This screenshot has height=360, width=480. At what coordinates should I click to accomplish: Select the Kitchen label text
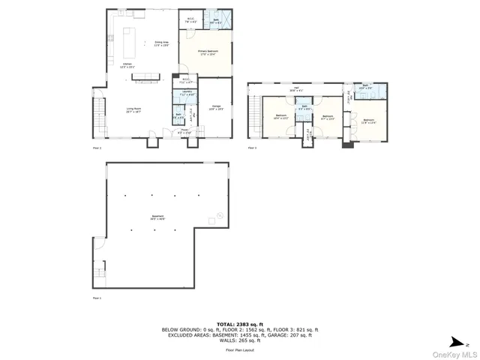point(127,65)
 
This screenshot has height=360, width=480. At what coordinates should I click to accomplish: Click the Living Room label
point(133,109)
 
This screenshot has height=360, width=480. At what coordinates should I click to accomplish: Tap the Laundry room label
point(187,94)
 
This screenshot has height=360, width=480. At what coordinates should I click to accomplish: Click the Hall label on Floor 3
point(296,89)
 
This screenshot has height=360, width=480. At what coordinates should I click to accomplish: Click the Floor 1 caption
point(96,298)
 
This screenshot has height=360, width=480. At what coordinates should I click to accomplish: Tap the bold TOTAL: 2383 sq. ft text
point(240,324)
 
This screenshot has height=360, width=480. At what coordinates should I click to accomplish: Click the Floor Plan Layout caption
point(240,350)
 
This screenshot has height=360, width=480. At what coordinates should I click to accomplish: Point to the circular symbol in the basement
point(219,217)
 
